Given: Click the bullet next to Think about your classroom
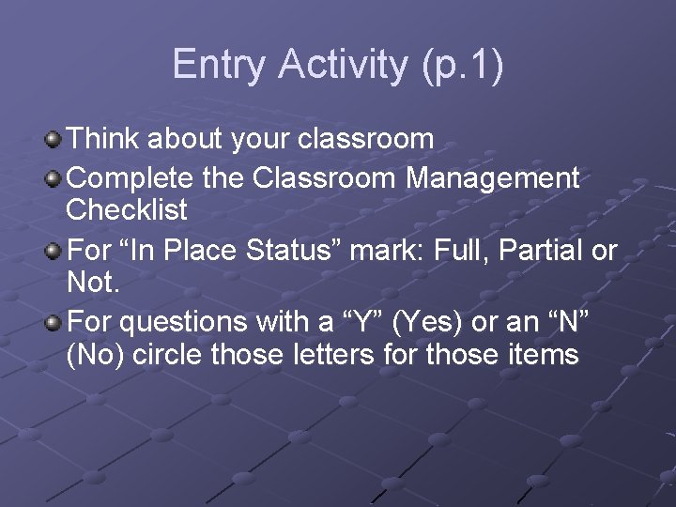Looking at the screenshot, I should point(54,141).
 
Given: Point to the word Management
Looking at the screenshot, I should point(492,177).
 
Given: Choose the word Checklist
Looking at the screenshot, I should point(127,210).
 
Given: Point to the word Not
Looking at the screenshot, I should point(92,283).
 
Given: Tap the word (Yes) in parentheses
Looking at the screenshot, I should point(425,323).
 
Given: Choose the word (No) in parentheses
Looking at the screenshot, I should point(94,356).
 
